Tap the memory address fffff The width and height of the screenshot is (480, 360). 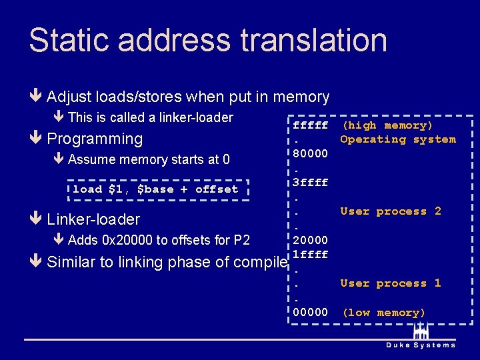tap(311, 125)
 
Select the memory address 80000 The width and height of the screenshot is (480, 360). tap(311, 153)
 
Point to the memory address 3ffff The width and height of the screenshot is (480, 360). tap(311, 182)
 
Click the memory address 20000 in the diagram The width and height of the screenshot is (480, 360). tap(311, 240)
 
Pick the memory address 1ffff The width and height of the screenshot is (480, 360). tap(311, 254)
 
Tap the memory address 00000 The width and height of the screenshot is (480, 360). tap(311, 312)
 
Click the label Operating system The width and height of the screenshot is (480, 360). tap(398, 139)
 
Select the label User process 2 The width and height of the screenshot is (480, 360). tap(391, 211)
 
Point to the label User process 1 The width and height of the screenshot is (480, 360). tap(391, 283)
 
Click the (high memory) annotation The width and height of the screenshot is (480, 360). tap(387, 125)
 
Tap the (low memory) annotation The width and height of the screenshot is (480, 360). tap(383, 312)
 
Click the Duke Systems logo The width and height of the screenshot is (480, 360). tap(421, 336)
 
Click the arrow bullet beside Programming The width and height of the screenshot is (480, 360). tap(36, 139)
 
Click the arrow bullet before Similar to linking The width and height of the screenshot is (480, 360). tap(36, 262)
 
